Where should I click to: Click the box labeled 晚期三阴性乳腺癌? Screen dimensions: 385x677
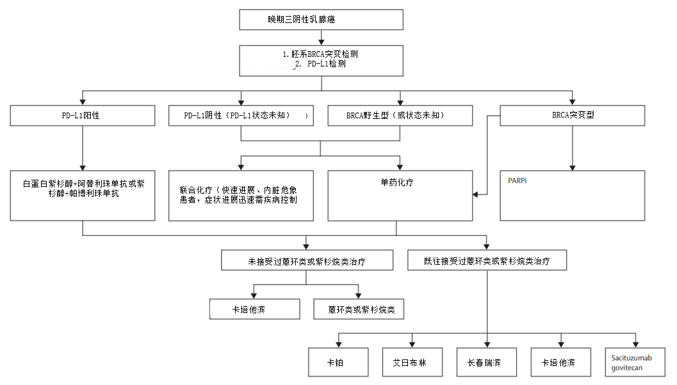click(321, 20)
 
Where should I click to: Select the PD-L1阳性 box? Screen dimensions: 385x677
click(83, 116)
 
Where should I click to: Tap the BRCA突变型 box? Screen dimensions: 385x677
click(572, 116)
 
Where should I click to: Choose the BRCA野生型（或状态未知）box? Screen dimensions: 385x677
click(400, 116)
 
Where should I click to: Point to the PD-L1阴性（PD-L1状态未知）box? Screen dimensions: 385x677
click(241, 116)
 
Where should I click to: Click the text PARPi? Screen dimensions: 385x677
click(518, 180)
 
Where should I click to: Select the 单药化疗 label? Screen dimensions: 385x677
click(396, 182)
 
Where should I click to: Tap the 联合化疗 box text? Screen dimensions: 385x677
click(241, 195)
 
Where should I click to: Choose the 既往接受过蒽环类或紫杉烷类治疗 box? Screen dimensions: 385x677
click(487, 261)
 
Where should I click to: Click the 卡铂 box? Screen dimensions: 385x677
click(338, 363)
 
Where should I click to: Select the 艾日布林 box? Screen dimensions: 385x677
click(412, 363)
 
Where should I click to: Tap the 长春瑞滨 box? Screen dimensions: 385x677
click(487, 363)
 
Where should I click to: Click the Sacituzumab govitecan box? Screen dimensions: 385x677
click(635, 363)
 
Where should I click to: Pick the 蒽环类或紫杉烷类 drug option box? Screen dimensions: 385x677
click(359, 310)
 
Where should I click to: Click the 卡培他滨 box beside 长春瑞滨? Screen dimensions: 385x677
click(561, 363)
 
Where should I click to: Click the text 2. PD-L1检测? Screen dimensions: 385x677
click(321, 65)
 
